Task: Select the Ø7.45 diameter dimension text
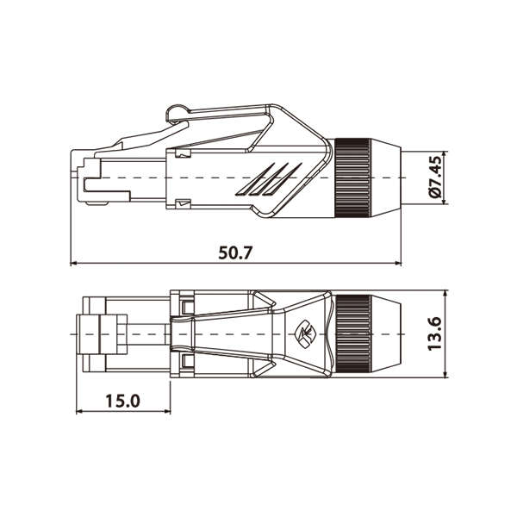435,179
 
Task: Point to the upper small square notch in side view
181,154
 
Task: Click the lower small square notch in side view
181,203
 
